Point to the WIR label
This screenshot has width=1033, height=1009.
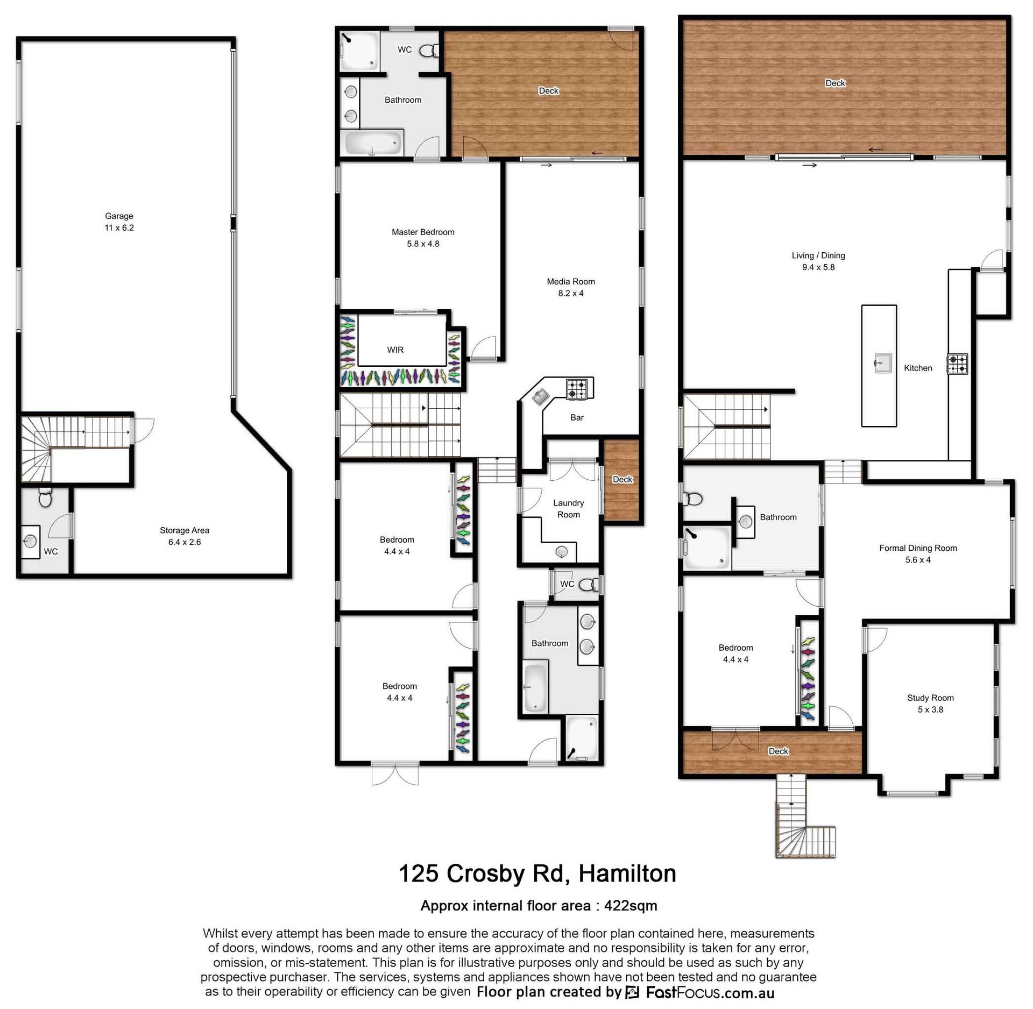[395, 350]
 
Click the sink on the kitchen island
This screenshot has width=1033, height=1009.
[882, 363]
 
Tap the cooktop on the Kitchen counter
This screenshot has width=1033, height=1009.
[958, 364]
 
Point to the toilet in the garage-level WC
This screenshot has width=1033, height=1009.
[46, 498]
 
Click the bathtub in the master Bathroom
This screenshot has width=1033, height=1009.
[373, 143]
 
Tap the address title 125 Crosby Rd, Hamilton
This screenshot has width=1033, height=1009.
[537, 873]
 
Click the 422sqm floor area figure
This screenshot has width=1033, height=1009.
[631, 906]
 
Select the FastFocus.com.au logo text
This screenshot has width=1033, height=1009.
[710, 992]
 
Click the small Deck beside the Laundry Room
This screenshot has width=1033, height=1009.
[622, 480]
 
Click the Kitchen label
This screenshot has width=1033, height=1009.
[918, 368]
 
